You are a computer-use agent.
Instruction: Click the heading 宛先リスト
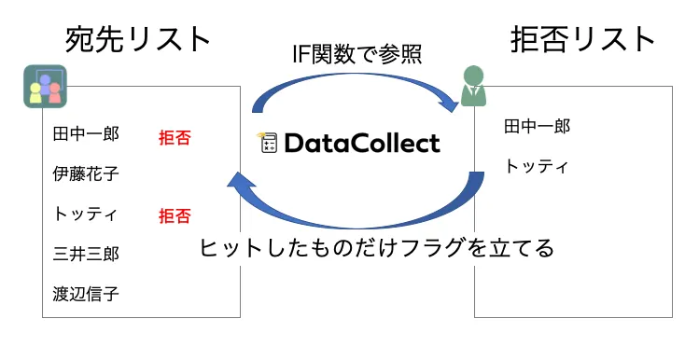pyautogui.click(x=138, y=39)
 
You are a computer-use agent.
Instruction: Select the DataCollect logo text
pyautogui.click(x=360, y=144)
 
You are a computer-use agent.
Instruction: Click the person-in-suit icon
pyautogui.click(x=473, y=87)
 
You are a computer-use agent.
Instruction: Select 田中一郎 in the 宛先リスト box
pyautogui.click(x=86, y=134)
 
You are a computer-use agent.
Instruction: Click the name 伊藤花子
pyautogui.click(x=86, y=173)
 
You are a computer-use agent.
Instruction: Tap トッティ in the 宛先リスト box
pyautogui.click(x=85, y=214)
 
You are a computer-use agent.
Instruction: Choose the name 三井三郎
pyautogui.click(x=86, y=253)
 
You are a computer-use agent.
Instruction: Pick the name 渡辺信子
pyautogui.click(x=86, y=293)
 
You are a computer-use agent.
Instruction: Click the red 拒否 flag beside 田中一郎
pyautogui.click(x=175, y=138)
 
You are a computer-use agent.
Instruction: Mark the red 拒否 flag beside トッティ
pyautogui.click(x=175, y=216)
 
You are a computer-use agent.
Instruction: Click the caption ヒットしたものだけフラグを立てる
pyautogui.click(x=377, y=248)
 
